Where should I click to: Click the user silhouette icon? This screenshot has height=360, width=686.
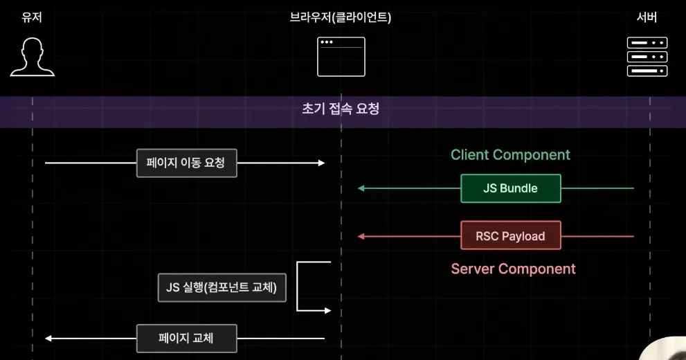click(32, 57)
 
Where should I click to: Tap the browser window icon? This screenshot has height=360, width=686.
click(341, 57)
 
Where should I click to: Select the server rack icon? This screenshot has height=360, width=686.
click(647, 57)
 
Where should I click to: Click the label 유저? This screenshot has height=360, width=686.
click(32, 17)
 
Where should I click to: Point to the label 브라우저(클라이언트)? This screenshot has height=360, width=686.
click(341, 17)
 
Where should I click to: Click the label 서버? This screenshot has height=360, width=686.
click(647, 17)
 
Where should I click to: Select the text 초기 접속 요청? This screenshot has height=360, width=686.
click(341, 109)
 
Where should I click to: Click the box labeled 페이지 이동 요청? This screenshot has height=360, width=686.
click(186, 163)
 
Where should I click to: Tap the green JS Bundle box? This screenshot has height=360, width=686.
click(510, 188)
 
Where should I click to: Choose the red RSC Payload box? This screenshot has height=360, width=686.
click(510, 236)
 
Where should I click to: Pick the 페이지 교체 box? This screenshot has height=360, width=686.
click(186, 339)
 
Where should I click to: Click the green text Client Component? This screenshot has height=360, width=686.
click(510, 155)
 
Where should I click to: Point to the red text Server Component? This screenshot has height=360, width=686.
click(513, 269)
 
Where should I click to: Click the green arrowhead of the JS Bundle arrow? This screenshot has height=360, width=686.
click(361, 188)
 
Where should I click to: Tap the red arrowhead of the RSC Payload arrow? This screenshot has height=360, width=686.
click(361, 236)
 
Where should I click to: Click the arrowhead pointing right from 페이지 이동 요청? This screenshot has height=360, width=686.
click(321, 163)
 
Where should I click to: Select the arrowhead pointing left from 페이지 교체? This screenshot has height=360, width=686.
click(48, 339)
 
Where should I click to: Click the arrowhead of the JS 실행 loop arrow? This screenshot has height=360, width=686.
click(328, 311)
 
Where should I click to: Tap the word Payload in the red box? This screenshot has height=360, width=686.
click(523, 236)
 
